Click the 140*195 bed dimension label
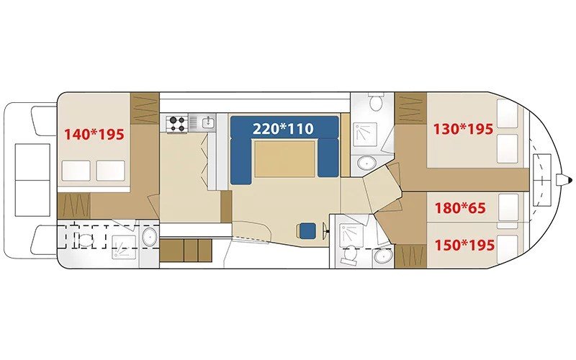(x=94, y=135)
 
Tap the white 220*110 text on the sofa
(x=283, y=129)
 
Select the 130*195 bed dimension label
(x=463, y=129)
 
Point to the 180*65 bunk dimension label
(x=460, y=208)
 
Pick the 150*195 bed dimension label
(x=464, y=244)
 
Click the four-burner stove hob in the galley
(x=176, y=124)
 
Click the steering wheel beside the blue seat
(x=325, y=231)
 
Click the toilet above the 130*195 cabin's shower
(x=375, y=102)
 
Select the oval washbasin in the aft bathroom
(x=149, y=238)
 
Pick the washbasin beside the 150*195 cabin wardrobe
(x=383, y=256)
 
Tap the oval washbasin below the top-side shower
(x=366, y=162)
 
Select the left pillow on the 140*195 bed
(x=76, y=171)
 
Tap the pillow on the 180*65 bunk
(x=508, y=207)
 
